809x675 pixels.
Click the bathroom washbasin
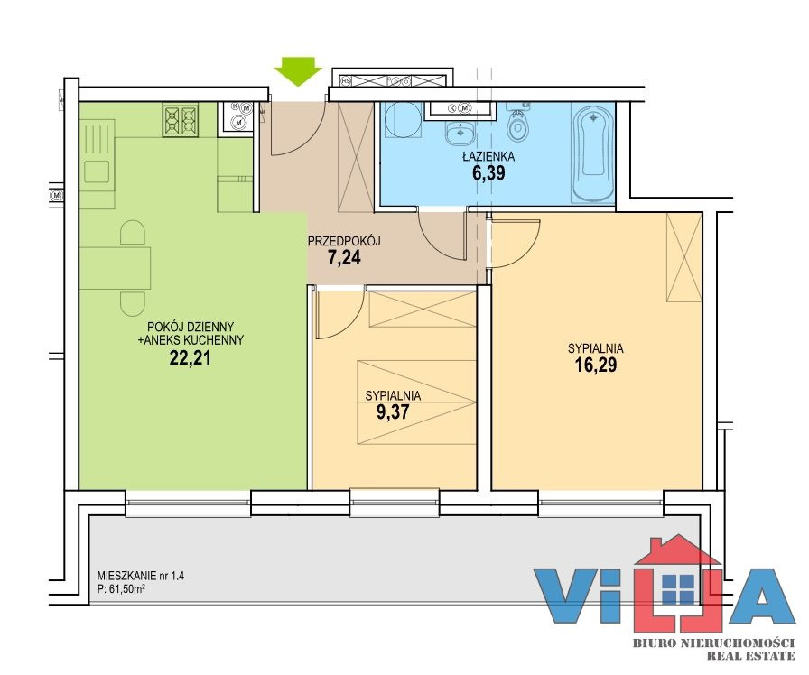460,134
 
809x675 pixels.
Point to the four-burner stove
181,120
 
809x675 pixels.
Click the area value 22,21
190,358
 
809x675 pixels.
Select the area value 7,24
344,257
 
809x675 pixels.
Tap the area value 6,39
488,173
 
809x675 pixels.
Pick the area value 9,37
393,412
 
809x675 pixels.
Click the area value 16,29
596,365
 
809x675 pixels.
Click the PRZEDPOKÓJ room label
344,241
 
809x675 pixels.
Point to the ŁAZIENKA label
488,157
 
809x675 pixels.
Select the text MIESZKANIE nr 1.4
140,576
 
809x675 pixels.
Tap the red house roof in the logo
677,550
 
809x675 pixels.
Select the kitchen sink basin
97,171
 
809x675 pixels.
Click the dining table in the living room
115,268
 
